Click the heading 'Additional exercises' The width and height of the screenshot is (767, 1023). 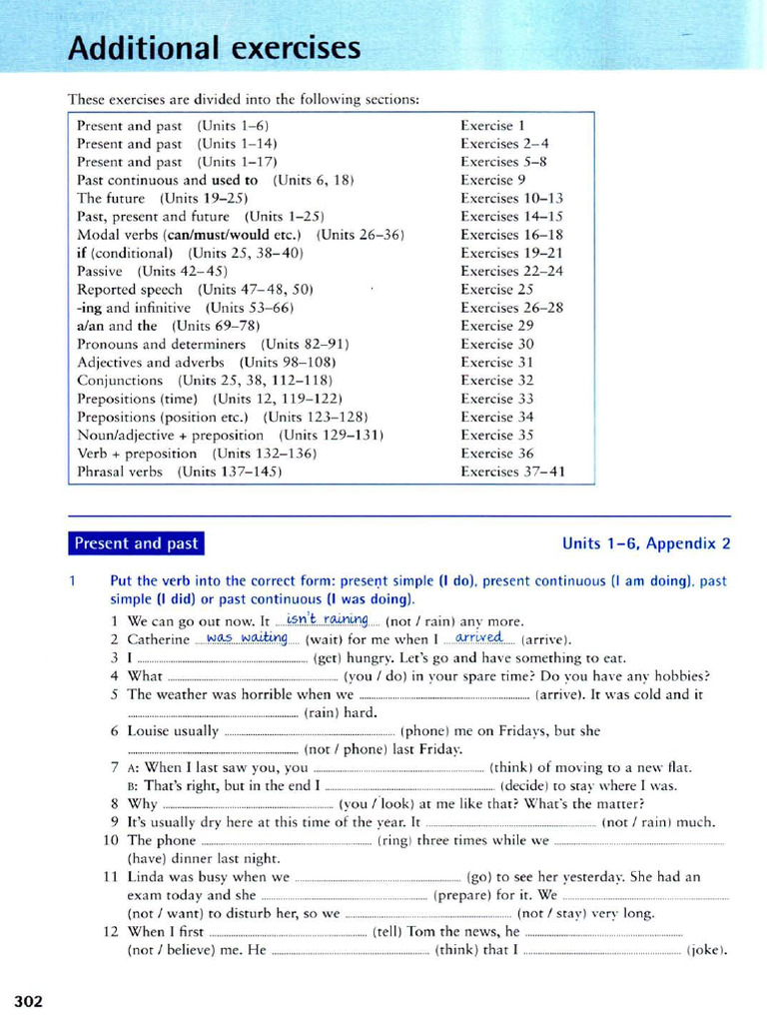pyautogui.click(x=214, y=47)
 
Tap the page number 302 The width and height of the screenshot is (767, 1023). pyautogui.click(x=28, y=1001)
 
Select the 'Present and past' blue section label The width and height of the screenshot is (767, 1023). pyautogui.click(x=136, y=543)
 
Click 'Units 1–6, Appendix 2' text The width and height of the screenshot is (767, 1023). pyautogui.click(x=646, y=543)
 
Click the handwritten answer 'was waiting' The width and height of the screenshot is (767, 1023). pyautogui.click(x=247, y=638)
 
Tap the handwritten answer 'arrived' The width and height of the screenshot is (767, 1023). pyautogui.click(x=478, y=638)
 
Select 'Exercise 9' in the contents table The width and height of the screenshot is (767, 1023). pyautogui.click(x=492, y=180)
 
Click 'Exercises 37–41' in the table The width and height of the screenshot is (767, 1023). pyautogui.click(x=512, y=472)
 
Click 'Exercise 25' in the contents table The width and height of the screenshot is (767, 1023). pyautogui.click(x=496, y=289)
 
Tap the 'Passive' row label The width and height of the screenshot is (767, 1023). pyautogui.click(x=100, y=271)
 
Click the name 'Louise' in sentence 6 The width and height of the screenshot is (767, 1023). pyautogui.click(x=149, y=730)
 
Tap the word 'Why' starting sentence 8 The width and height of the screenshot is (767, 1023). pyautogui.click(x=143, y=803)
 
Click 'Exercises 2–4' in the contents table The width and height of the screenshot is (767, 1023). pyautogui.click(x=504, y=144)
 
